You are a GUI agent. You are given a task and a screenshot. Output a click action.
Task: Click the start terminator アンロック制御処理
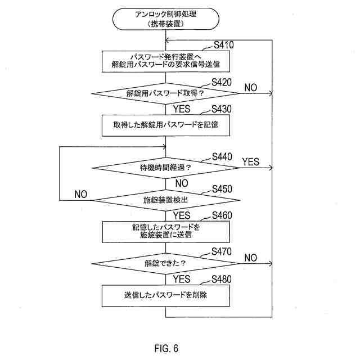pos(166,19)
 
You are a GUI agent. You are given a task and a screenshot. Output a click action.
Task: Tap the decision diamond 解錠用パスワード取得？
pos(166,93)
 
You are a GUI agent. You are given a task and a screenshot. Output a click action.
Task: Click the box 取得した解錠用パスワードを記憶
pos(166,125)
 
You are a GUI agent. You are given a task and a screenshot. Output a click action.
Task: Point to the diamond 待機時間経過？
pos(166,168)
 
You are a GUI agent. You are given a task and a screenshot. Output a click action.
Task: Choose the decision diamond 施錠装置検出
pos(166,199)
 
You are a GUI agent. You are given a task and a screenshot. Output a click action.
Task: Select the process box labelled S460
pos(166,231)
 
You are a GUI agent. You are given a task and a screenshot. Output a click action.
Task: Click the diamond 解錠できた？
pos(166,263)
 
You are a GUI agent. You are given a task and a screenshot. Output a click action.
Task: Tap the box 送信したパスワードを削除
pos(166,295)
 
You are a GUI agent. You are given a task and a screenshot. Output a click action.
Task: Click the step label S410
pos(223,45)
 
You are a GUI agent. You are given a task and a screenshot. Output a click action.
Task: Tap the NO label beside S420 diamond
pos(250,88)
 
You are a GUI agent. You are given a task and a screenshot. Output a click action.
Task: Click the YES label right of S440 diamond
pos(250,162)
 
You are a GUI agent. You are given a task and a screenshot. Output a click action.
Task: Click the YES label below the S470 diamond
pos(182,280)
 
